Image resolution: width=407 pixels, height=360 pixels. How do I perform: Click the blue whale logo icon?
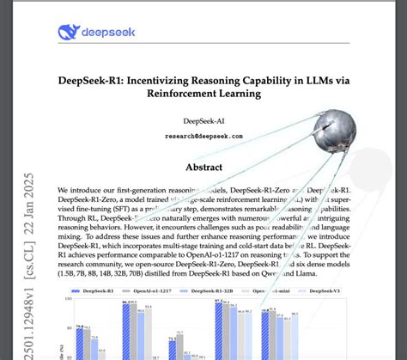(x=69, y=33)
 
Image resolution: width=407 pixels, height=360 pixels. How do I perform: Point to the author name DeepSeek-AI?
(x=203, y=121)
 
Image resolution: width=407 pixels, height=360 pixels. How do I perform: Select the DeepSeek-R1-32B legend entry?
(x=226, y=292)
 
